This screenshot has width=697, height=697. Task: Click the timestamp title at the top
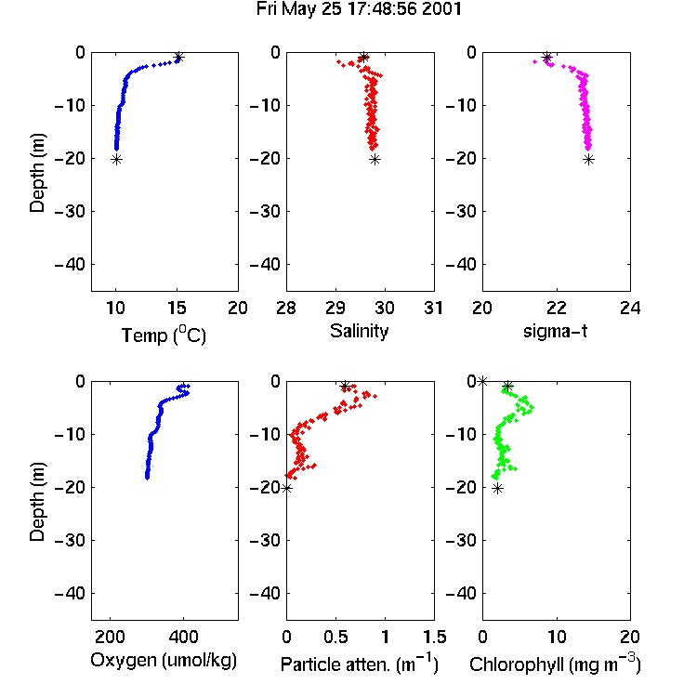tap(359, 9)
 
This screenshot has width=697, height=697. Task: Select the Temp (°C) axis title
tap(164, 335)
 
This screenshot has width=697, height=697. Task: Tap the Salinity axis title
tap(359, 331)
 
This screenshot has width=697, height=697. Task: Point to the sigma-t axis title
tap(555, 331)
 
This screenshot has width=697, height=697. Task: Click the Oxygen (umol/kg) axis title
tap(164, 661)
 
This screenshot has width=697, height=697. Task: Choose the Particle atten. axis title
tap(359, 664)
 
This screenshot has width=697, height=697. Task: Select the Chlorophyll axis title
tap(555, 664)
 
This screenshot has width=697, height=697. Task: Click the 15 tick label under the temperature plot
tap(177, 308)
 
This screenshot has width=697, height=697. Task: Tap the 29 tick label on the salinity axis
tap(335, 308)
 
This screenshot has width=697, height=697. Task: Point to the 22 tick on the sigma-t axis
tap(557, 308)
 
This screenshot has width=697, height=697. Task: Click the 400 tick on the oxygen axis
tap(183, 637)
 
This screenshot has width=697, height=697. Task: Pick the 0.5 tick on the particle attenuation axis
tap(335, 637)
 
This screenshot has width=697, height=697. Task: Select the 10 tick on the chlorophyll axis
tap(557, 637)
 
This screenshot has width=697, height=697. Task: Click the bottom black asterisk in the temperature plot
tap(116, 160)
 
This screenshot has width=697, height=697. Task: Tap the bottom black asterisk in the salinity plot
tap(375, 160)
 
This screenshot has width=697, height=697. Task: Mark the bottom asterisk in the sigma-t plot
tap(588, 160)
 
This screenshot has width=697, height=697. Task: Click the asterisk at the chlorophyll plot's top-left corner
tap(482, 381)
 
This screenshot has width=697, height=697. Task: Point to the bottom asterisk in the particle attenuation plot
tap(287, 489)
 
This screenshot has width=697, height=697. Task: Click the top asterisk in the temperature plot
tap(178, 58)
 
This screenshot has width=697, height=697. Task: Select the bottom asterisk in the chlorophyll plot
tap(498, 489)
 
